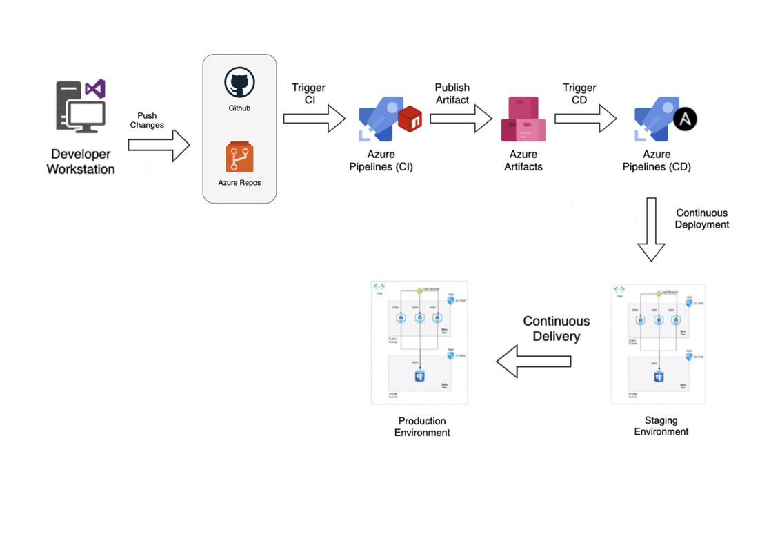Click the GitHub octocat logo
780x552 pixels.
(239, 83)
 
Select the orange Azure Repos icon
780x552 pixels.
(239, 157)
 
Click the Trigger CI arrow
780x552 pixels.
(314, 119)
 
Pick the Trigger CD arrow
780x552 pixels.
(586, 119)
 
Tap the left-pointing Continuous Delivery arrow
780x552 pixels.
(534, 362)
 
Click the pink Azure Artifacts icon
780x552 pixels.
(523, 119)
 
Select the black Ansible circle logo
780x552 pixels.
(685, 119)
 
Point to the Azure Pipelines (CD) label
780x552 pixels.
(657, 161)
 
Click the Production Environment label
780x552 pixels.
(422, 426)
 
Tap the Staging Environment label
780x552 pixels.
(661, 426)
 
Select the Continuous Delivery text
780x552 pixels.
(556, 328)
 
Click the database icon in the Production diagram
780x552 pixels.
(419, 376)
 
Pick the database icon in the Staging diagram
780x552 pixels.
(659, 377)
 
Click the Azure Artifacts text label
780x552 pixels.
(523, 161)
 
